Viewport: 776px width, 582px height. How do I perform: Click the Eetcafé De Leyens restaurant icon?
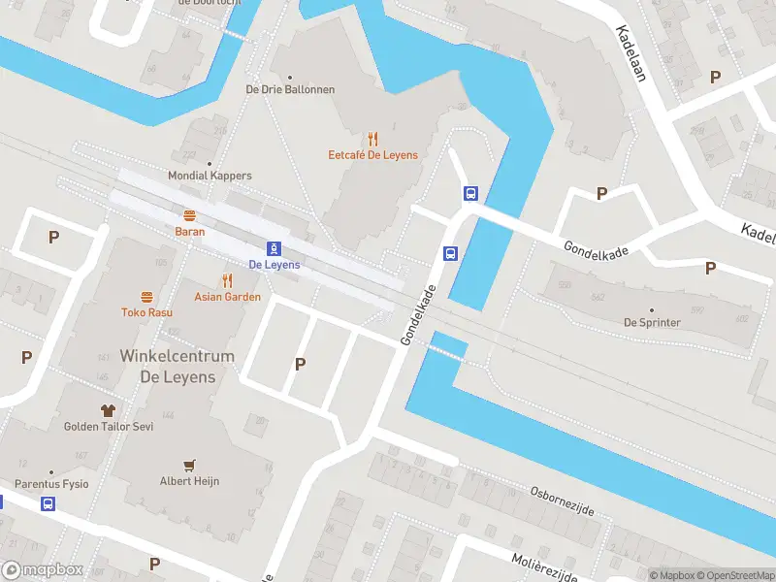(x=372, y=139)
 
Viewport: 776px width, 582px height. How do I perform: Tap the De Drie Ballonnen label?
(x=290, y=89)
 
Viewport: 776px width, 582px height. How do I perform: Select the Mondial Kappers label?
(x=210, y=176)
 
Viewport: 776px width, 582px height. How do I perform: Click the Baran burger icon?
(x=189, y=215)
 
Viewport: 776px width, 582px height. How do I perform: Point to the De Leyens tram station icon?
(x=275, y=248)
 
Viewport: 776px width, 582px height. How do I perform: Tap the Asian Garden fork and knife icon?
(x=227, y=280)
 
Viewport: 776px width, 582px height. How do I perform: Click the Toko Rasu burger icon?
(x=146, y=297)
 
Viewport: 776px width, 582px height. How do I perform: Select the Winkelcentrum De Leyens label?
(x=177, y=367)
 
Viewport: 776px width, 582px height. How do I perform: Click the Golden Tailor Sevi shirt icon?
(x=108, y=410)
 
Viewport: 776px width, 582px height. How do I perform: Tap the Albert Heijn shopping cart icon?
(x=191, y=466)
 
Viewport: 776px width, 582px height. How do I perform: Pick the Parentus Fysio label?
(x=51, y=483)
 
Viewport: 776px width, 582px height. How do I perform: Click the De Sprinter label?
(x=652, y=322)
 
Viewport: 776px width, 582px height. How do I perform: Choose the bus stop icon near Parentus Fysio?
(x=48, y=503)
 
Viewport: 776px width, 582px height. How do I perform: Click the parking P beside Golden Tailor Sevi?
(x=26, y=357)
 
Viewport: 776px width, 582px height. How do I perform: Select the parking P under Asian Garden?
(x=300, y=364)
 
